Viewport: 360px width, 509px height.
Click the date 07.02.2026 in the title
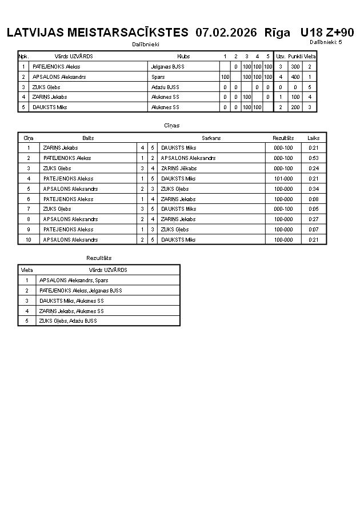226,33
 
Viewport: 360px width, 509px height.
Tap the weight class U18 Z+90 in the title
327,33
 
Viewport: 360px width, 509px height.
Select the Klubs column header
183,57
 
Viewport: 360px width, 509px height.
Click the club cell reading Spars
158,77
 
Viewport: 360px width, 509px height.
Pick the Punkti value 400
295,77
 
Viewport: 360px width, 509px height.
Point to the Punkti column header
295,57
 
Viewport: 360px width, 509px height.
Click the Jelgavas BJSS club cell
167,66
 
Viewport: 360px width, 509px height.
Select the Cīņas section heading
172,125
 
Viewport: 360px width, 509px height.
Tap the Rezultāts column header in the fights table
283,138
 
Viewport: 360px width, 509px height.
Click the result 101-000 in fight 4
283,179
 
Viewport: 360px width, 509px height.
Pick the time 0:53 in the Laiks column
314,158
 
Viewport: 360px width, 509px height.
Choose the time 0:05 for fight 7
314,209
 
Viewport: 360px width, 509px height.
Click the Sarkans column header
211,138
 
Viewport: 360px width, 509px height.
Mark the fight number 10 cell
29,240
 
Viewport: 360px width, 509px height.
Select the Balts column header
88,138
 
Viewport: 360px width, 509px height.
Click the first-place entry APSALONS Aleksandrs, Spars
74,280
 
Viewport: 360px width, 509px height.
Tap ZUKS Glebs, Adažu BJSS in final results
68,321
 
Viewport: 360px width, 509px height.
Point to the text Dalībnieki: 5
326,42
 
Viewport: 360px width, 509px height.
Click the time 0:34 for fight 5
314,189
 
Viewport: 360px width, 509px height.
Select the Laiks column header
314,138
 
